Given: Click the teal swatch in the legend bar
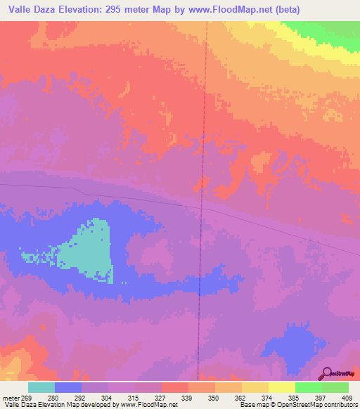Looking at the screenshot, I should point(41,388).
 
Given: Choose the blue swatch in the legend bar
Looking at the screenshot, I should point(68,388).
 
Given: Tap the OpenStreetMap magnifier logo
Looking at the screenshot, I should point(326,373).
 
